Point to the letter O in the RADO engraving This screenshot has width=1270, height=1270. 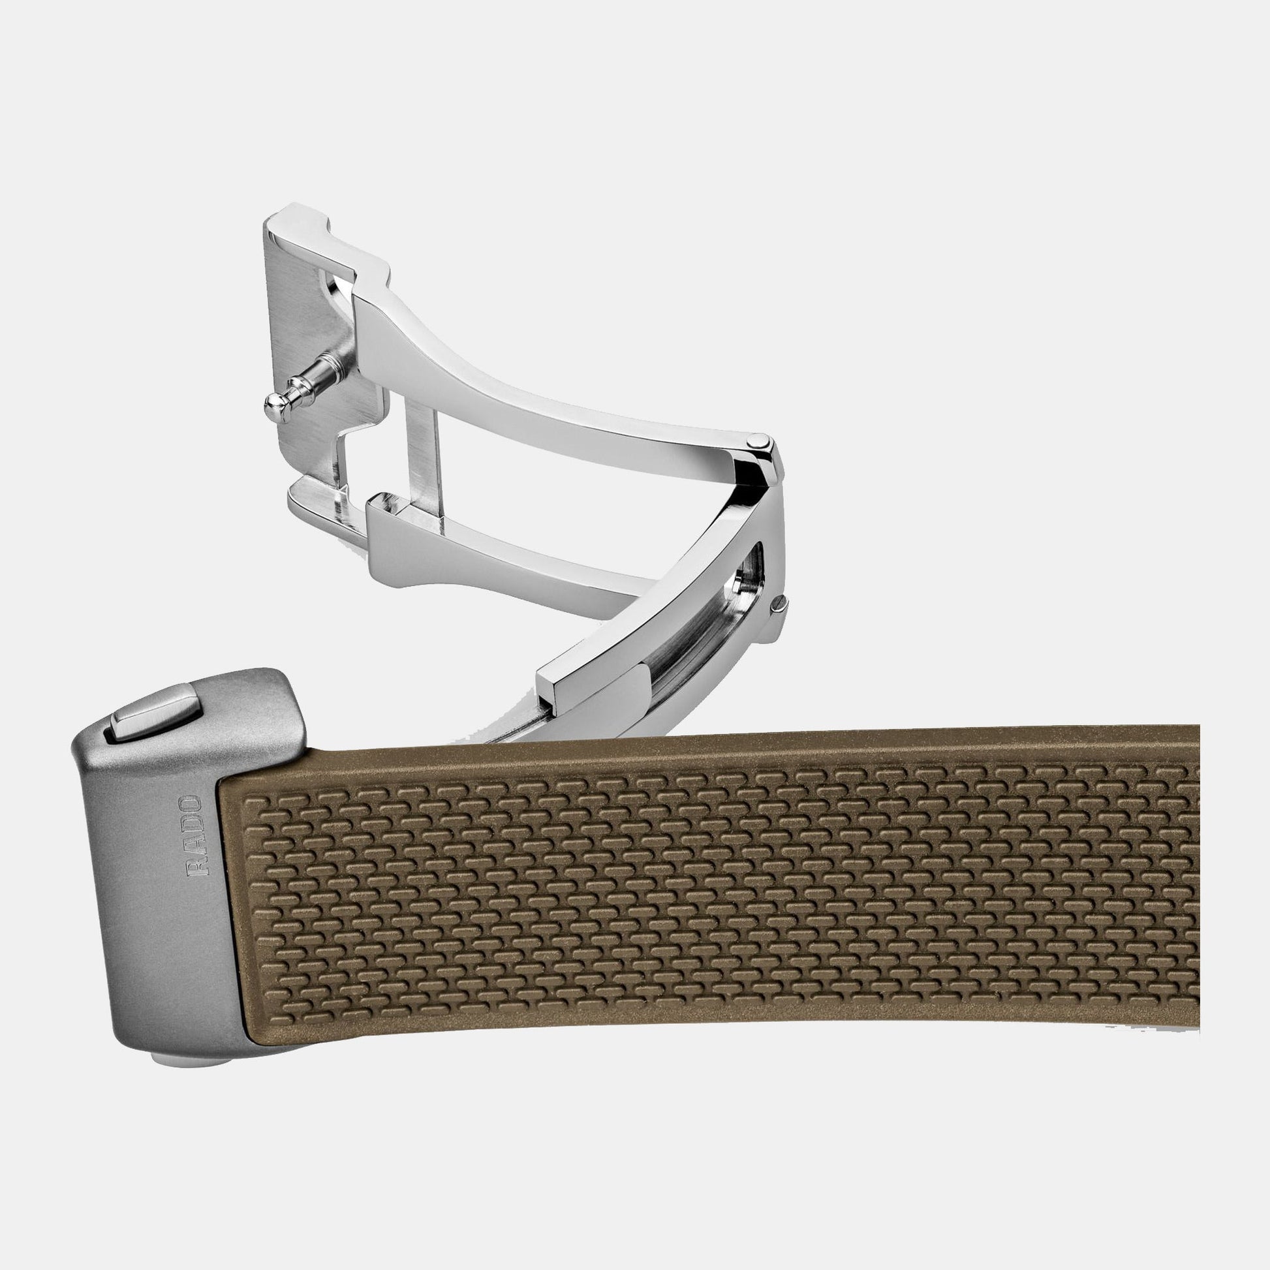pyautogui.click(x=194, y=805)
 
